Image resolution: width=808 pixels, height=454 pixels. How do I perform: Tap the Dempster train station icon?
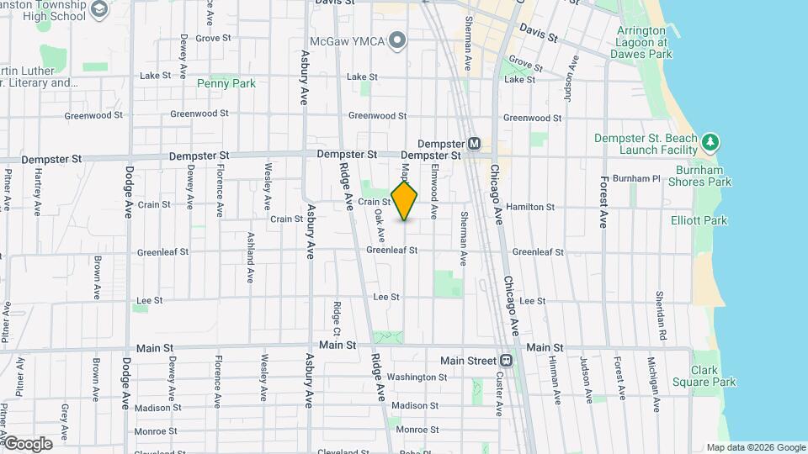(x=474, y=144)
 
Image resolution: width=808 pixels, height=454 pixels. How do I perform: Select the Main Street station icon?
(x=506, y=361)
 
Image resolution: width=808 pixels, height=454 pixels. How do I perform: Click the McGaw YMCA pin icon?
(x=398, y=40)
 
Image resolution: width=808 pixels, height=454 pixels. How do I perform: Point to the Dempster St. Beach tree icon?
(x=711, y=142)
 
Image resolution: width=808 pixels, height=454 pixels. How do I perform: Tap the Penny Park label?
(x=226, y=83)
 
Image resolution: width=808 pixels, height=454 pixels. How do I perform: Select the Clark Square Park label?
(x=704, y=376)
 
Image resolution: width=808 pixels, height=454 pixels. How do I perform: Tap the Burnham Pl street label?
(x=636, y=178)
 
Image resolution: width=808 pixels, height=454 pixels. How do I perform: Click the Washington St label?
(x=417, y=377)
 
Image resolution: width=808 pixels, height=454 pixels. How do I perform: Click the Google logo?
(x=27, y=443)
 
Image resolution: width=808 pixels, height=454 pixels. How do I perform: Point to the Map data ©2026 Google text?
(x=755, y=447)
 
